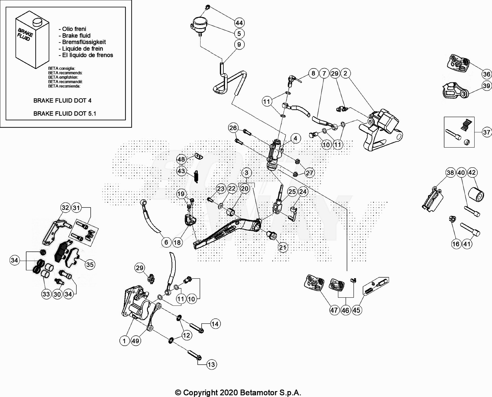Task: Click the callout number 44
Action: [239, 23]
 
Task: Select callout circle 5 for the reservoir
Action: [239, 34]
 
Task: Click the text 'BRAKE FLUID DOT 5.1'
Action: [64, 113]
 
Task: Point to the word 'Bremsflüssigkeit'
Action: [84, 42]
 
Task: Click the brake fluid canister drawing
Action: [32, 41]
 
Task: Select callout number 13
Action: [211, 364]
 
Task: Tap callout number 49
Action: [135, 341]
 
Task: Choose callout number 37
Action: [486, 132]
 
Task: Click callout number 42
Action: [472, 173]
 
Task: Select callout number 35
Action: [90, 264]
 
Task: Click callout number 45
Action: [356, 310]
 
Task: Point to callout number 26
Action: [233, 128]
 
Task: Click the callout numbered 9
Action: [239, 44]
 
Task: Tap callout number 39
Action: [486, 86]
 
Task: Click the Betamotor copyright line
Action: [238, 392]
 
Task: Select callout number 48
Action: [181, 159]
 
